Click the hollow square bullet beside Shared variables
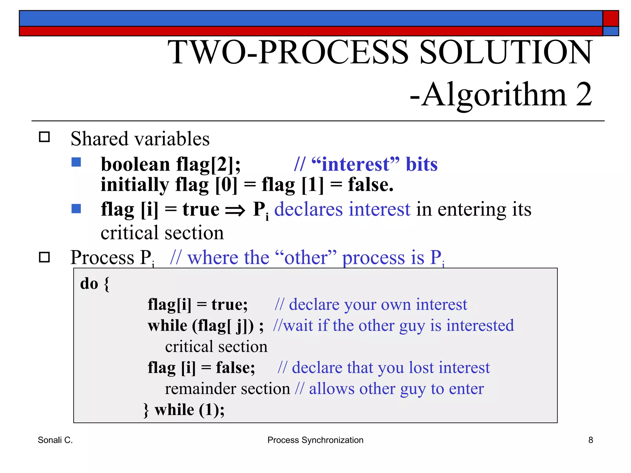(44, 137)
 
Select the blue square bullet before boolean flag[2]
(76, 162)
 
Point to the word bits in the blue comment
(421, 164)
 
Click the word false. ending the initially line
(371, 185)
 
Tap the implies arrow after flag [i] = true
(235, 211)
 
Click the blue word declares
(308, 209)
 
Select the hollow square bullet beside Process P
(44, 257)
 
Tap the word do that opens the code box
(89, 284)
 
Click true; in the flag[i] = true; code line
(229, 305)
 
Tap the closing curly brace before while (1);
(146, 410)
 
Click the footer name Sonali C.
(55, 440)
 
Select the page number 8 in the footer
(590, 440)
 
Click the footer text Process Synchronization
(315, 440)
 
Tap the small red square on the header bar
(611, 18)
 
